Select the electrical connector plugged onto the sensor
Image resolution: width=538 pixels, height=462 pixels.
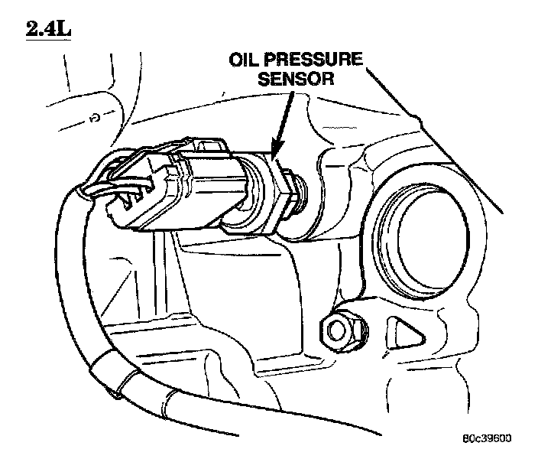point(168,187)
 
